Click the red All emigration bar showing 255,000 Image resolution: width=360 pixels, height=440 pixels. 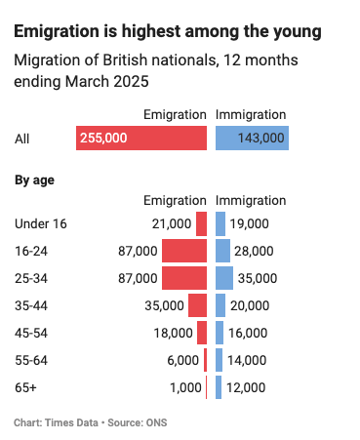click(141, 138)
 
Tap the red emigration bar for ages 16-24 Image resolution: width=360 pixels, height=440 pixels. click(184, 251)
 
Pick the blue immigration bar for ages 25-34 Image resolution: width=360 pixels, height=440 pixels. click(224, 278)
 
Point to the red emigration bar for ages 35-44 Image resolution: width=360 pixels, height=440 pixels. click(198, 305)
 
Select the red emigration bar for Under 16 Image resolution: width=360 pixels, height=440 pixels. click(202, 223)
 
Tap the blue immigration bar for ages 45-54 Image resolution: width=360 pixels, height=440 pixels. click(220, 333)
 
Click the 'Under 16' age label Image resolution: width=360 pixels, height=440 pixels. click(41, 223)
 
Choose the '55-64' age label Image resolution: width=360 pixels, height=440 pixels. click(32, 360)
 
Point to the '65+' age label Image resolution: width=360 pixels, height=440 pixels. click(27, 387)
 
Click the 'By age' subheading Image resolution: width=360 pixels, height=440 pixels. click(34, 180)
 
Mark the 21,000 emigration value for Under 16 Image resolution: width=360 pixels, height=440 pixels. click(172, 223)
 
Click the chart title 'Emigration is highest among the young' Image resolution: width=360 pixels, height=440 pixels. click(167, 32)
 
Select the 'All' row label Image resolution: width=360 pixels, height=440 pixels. click(22, 139)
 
